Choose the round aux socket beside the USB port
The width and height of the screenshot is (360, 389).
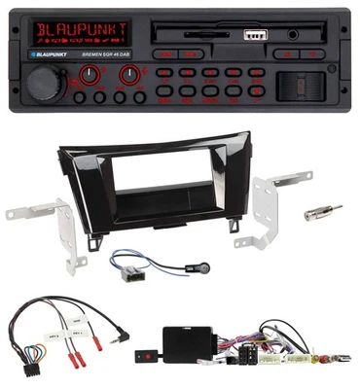pyautogui.click(x=292, y=35)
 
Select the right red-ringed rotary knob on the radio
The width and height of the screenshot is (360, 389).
pyautogui.click(x=127, y=73)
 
